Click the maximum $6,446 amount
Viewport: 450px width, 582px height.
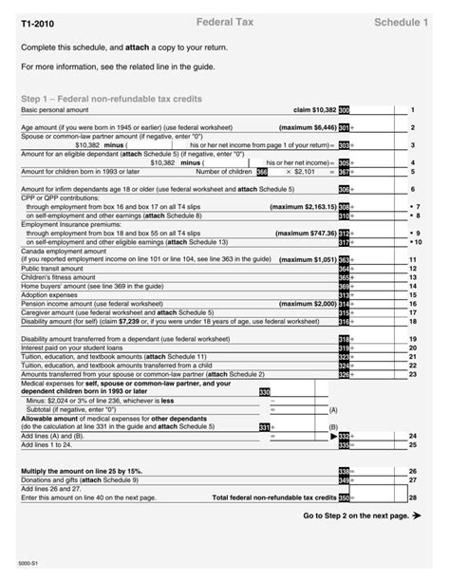[x=308, y=127]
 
